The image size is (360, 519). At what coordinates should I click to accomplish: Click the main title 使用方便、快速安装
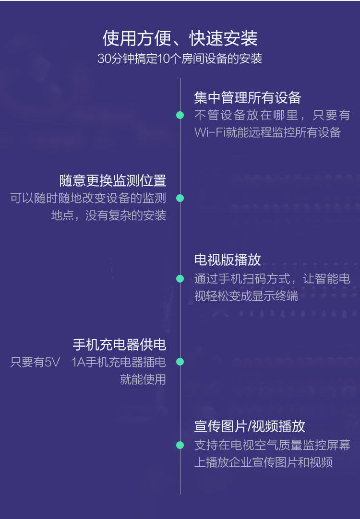[180, 38]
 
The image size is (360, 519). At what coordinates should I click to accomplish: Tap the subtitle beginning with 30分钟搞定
[180, 59]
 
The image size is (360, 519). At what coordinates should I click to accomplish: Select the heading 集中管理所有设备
[247, 98]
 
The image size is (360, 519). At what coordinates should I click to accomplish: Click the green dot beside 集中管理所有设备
[180, 115]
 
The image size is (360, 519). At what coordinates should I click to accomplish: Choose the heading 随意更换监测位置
[113, 181]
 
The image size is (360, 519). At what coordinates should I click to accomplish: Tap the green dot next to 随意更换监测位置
[180, 198]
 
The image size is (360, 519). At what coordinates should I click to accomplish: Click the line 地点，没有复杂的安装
[108, 215]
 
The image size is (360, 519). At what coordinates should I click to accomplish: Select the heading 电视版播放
[228, 260]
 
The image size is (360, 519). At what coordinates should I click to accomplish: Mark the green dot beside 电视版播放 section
[180, 279]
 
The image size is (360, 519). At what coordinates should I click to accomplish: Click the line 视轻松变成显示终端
[246, 296]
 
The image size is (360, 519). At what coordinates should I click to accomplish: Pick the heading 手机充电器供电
[120, 344]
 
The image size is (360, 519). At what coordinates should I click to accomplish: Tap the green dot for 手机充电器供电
[180, 362]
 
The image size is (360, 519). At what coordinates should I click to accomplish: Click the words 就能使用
[143, 379]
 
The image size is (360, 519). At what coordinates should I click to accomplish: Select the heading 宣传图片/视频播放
[250, 426]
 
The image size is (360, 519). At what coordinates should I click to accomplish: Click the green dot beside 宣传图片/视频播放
[180, 445]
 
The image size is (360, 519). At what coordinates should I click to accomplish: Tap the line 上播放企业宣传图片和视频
[263, 462]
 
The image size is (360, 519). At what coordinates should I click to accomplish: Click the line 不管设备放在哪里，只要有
[272, 116]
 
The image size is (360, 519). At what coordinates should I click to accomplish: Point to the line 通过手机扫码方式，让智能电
[272, 279]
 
